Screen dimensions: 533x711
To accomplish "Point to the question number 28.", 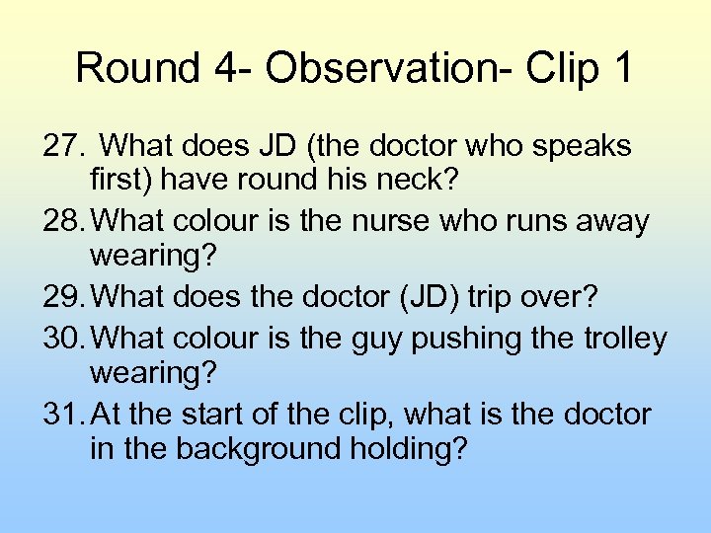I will (64, 222).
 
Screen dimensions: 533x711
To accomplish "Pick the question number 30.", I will (64, 338).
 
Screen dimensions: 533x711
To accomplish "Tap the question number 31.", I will (64, 415).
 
